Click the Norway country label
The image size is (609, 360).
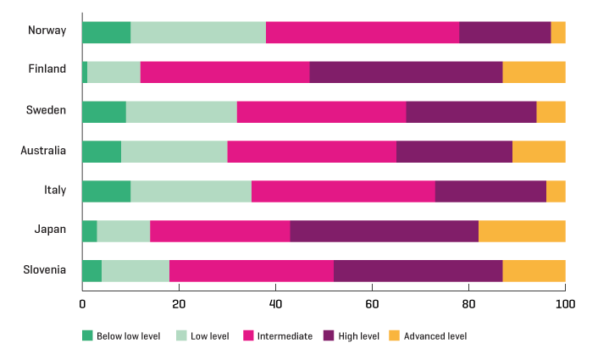(47, 31)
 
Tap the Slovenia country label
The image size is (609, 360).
(44, 270)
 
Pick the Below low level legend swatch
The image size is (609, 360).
(87, 336)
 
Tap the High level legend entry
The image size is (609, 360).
(352, 336)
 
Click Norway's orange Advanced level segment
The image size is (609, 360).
(558, 32)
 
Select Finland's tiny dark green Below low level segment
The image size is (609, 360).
(85, 72)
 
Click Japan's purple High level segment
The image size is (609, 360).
(385, 230)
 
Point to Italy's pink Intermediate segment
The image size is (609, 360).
(343, 191)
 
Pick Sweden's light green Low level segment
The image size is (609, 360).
(181, 112)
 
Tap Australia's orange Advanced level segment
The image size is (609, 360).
(539, 151)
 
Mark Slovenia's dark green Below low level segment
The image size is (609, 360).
(91, 270)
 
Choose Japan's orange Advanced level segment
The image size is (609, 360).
(522, 230)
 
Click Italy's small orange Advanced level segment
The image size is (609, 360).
(556, 191)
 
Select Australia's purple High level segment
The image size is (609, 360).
(454, 151)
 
